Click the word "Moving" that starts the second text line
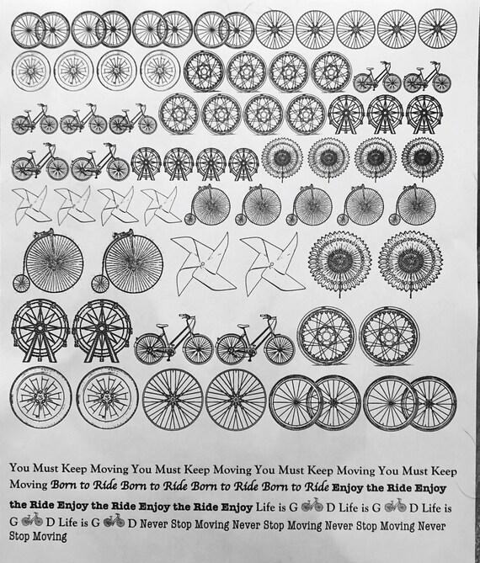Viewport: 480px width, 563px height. [29, 486]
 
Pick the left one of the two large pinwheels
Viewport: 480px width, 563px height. [202, 263]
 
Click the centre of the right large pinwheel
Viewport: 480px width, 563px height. [271, 262]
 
